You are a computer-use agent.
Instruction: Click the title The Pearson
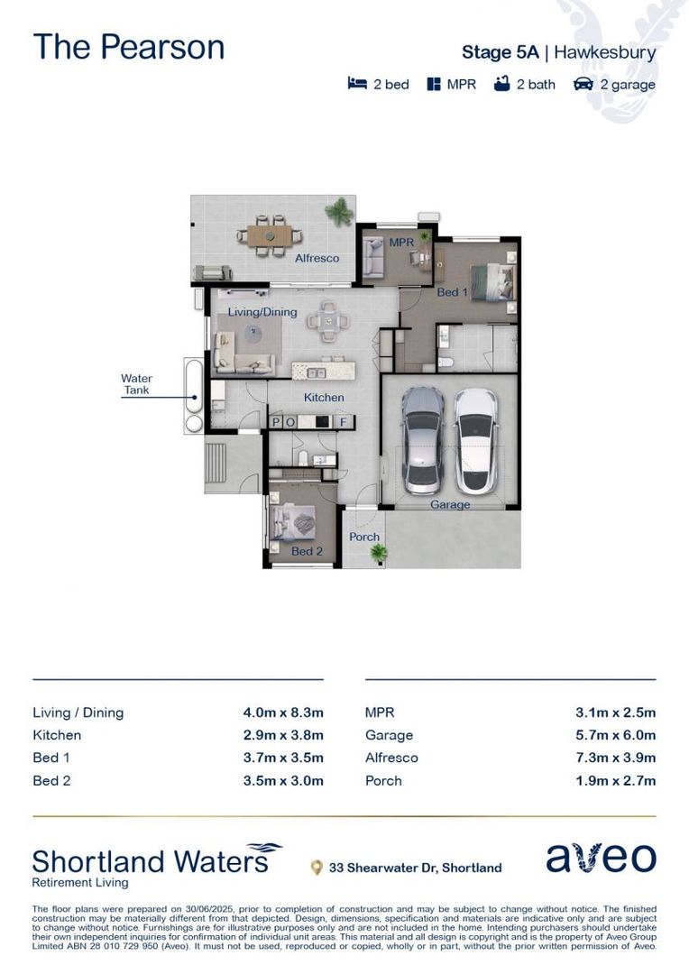click(128, 47)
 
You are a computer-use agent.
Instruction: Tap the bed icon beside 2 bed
click(357, 84)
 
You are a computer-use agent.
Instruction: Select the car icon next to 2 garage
click(583, 84)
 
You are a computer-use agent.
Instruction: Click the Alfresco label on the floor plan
click(317, 258)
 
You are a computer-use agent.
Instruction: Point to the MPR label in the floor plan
click(400, 243)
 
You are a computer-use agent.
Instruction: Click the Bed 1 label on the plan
click(452, 292)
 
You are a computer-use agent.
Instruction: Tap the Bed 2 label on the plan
click(307, 551)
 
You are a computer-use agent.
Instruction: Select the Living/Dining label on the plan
click(249, 312)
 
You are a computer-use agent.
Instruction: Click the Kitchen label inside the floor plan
click(324, 397)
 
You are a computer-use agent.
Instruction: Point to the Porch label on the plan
click(364, 537)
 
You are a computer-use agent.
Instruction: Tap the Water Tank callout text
click(137, 384)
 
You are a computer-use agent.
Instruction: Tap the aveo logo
click(601, 859)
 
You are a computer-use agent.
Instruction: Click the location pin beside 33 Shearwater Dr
click(316, 868)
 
